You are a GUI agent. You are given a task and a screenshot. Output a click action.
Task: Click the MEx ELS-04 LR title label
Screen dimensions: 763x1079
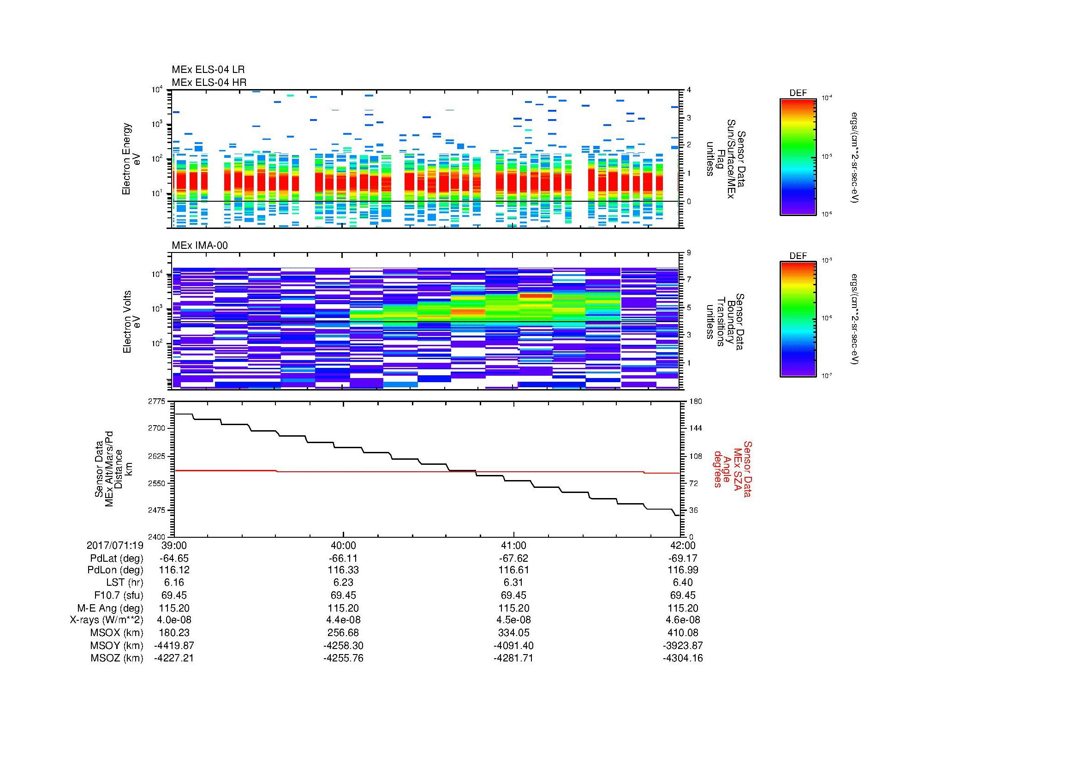click(x=208, y=70)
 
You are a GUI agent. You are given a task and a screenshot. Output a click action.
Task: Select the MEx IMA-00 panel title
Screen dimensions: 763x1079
click(x=200, y=246)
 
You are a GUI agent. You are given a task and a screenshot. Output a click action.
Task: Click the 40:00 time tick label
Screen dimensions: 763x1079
click(x=344, y=545)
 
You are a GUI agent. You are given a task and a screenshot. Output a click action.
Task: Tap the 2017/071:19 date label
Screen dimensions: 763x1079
click(x=115, y=545)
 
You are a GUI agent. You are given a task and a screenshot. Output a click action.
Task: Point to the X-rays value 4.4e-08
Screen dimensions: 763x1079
click(x=344, y=620)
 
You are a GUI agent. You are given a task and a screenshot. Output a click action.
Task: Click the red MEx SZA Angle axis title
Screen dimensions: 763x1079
click(x=733, y=469)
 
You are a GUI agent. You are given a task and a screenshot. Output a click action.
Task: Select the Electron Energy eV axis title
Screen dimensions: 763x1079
click(x=131, y=159)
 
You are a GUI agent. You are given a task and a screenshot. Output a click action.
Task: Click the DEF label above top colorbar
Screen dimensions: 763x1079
click(x=798, y=93)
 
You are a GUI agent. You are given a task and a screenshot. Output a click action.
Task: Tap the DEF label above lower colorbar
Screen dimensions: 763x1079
click(x=798, y=256)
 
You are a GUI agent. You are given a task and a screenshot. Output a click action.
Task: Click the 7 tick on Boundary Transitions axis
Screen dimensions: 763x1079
click(x=689, y=280)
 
